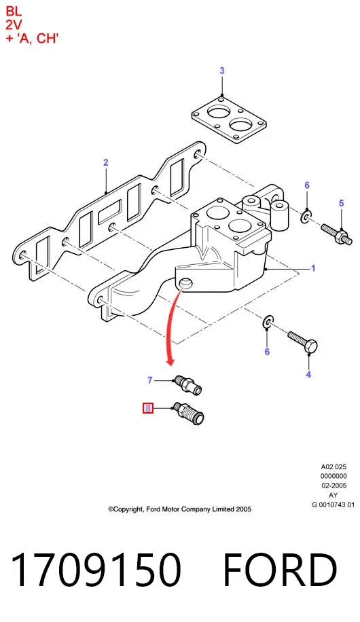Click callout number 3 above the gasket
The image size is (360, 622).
222,71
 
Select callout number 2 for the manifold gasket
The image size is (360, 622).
105,162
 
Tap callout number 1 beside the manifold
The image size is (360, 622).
313,268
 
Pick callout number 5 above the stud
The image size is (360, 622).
342,204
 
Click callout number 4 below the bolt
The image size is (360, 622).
308,374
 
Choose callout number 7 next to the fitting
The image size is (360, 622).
149,380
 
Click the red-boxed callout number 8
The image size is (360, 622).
148,408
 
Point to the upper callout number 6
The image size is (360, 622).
307,185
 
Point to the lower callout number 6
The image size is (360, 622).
267,352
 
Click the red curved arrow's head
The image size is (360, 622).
170,361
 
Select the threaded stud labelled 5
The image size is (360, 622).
337,235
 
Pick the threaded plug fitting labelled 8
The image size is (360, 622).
189,414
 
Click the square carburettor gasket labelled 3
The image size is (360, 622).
229,119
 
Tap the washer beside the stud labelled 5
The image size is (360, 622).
306,217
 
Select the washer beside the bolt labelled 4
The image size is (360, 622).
269,321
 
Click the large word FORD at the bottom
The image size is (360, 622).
281,570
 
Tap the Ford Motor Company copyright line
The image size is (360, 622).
180,509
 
